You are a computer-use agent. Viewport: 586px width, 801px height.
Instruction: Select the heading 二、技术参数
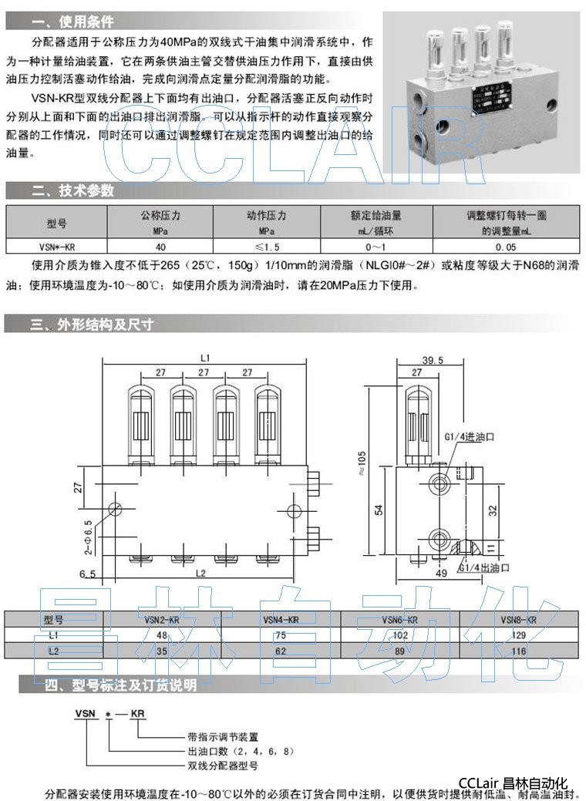[x=72, y=190]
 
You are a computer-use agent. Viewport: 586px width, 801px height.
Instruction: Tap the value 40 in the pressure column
[x=160, y=247]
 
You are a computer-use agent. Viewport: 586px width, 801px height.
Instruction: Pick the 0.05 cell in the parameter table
[x=506, y=247]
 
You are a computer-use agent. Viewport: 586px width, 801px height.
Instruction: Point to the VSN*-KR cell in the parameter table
[x=57, y=247]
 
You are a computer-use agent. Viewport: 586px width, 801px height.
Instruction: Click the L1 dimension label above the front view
[x=205, y=357]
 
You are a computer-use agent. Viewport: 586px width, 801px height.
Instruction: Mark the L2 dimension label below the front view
[x=201, y=573]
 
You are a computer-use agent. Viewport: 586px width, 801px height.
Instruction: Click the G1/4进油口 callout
[x=470, y=436]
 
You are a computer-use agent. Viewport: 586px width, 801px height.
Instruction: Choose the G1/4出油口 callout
[x=485, y=567]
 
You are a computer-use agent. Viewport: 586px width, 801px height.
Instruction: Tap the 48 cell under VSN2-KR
[x=162, y=634]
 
